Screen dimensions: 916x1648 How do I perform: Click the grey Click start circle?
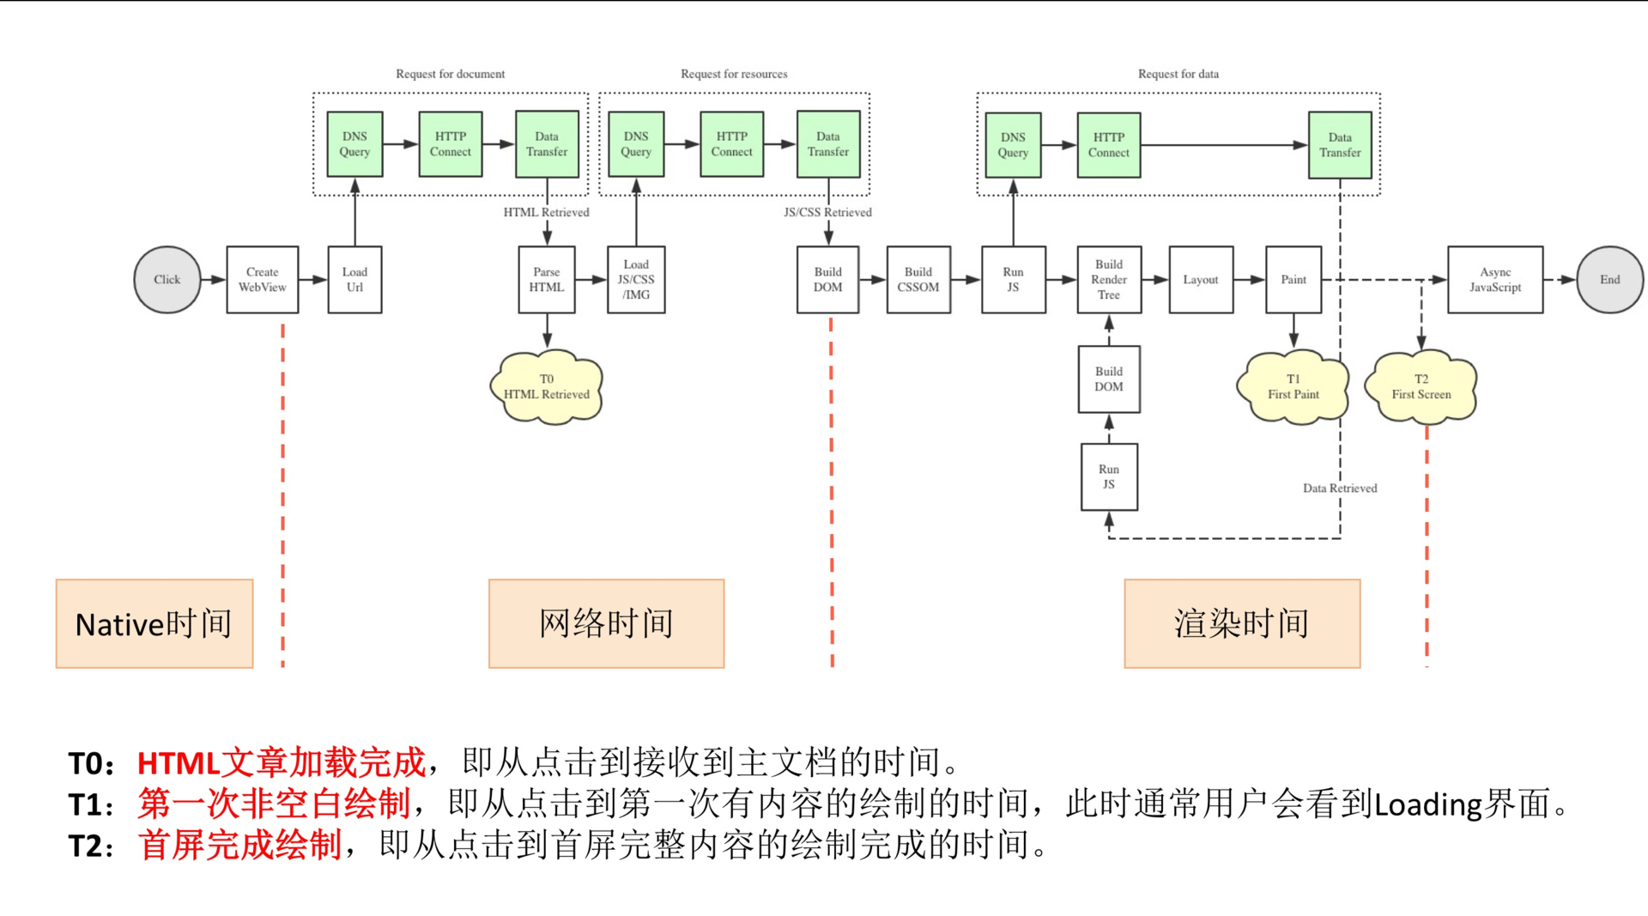point(167,280)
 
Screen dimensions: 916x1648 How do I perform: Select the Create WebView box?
point(263,280)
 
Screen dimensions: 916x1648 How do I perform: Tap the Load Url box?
point(354,280)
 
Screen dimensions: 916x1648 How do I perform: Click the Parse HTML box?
point(547,280)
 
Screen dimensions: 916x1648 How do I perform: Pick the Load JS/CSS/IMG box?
point(636,280)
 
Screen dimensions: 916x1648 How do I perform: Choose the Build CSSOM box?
point(918,280)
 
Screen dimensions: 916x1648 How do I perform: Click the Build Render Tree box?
point(1109,280)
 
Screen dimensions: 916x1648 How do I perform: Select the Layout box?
point(1201,280)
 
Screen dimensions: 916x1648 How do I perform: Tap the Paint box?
point(1294,280)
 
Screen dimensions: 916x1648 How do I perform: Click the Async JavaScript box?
point(1495,280)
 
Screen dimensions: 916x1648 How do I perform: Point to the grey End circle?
point(1610,280)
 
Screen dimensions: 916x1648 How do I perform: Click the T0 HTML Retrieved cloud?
point(547,387)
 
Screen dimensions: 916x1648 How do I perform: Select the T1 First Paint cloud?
point(1294,387)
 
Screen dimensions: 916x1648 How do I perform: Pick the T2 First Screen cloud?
point(1421,387)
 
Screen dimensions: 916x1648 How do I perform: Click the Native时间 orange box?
point(154,624)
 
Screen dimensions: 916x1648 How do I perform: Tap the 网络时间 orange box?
point(607,624)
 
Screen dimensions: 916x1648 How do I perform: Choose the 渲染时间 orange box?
point(1242,624)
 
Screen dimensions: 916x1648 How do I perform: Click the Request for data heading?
point(1178,75)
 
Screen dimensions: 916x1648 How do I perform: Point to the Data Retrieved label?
point(1340,488)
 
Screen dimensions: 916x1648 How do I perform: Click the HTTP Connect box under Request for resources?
point(732,144)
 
